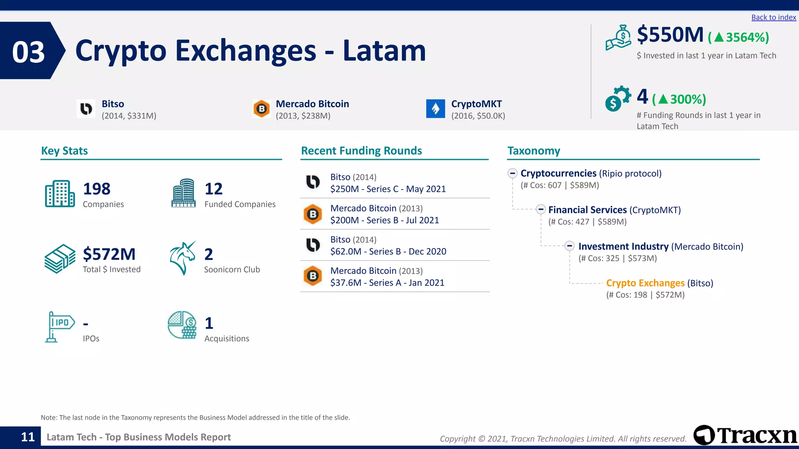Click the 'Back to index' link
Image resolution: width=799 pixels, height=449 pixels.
(x=773, y=18)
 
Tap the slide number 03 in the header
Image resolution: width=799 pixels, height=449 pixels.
(x=28, y=52)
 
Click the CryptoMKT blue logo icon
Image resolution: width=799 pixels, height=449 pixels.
(x=435, y=108)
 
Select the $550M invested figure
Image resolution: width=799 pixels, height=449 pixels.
(x=670, y=35)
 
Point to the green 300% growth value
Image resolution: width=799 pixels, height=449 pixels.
(x=688, y=99)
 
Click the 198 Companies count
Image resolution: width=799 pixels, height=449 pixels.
(x=97, y=189)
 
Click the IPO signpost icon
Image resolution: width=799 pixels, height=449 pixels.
(x=59, y=327)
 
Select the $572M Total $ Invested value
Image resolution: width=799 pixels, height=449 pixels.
(x=109, y=254)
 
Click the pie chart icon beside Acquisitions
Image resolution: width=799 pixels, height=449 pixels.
(x=182, y=325)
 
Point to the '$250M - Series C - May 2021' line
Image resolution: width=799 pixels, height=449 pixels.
(x=388, y=189)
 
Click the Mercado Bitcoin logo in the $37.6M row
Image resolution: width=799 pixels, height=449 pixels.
(x=312, y=276)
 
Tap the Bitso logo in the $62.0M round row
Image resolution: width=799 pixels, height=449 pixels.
(x=312, y=245)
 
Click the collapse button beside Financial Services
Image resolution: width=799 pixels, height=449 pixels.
(x=540, y=209)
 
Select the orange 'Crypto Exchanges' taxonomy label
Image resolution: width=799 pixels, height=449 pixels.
(x=645, y=283)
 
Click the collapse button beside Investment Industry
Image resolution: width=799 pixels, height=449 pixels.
(x=569, y=246)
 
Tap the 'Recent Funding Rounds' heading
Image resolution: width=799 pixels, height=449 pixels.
(x=361, y=151)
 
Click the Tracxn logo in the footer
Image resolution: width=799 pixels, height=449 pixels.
(x=745, y=435)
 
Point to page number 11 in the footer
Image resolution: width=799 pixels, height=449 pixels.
(x=28, y=437)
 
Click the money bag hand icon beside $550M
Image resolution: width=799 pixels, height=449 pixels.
(x=618, y=38)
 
